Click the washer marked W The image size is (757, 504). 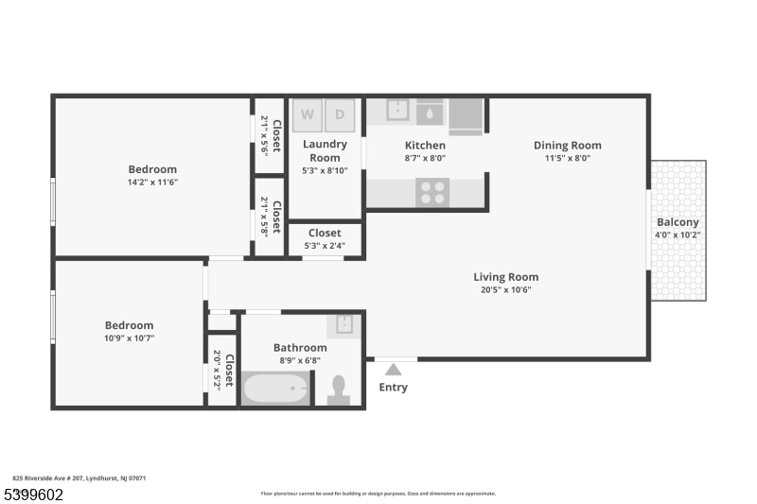tap(307, 115)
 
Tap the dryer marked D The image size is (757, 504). tap(340, 115)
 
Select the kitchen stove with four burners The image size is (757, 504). tap(432, 193)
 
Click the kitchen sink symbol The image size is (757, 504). tap(397, 111)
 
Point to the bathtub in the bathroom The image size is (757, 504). tap(275, 389)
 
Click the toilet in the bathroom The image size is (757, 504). tap(339, 391)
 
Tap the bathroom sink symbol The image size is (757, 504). tap(343, 325)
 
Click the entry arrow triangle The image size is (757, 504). tap(394, 370)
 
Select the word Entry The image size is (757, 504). tap(393, 388)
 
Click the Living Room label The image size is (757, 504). tap(506, 277)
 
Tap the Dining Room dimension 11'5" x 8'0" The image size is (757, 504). tap(568, 158)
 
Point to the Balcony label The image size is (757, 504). tap(678, 222)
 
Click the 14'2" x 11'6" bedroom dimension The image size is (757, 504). tap(152, 182)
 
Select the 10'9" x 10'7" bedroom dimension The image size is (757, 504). tap(130, 339)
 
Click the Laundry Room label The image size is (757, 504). tap(325, 151)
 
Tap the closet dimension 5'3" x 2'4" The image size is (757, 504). tap(325, 246)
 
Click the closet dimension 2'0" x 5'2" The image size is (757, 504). tap(217, 370)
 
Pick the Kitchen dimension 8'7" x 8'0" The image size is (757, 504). tap(425, 158)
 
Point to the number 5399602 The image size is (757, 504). tap(34, 495)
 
